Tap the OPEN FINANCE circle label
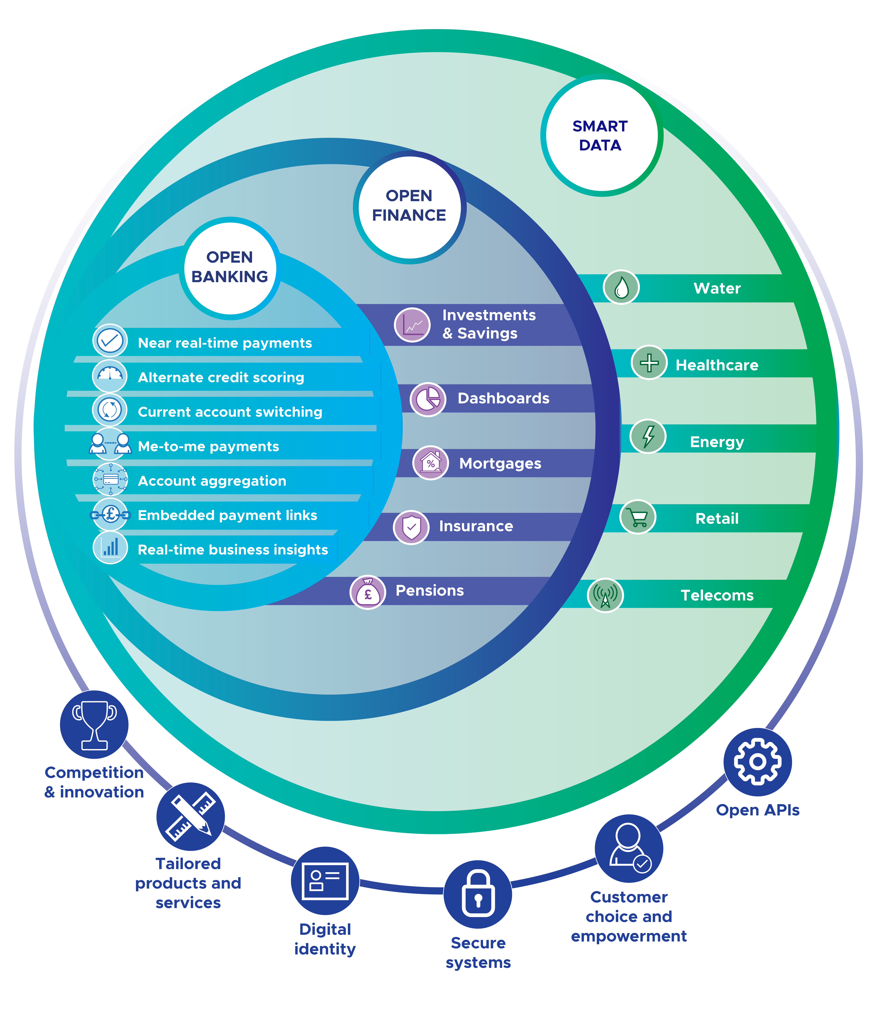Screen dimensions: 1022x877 point(409,206)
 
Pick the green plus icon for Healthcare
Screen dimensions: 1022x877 point(649,363)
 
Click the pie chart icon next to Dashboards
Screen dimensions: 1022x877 point(428,399)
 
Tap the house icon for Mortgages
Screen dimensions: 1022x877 point(430,463)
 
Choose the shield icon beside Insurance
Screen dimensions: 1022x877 point(411,527)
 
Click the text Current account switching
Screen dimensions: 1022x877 point(230,412)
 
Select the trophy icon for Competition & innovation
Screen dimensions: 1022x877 point(94,725)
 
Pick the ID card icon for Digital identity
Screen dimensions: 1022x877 point(325,881)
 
